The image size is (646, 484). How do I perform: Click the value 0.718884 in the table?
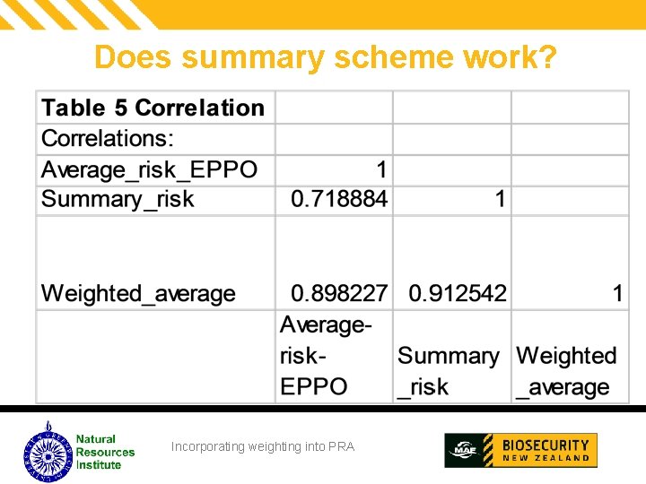(338, 199)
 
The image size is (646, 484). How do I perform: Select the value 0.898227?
(338, 293)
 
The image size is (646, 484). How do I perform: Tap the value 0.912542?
(458, 293)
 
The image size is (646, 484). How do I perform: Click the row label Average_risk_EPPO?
(149, 169)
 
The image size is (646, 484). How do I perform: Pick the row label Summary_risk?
(118, 199)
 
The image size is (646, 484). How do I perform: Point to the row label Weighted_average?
(138, 293)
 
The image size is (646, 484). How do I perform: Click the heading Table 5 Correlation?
(153, 108)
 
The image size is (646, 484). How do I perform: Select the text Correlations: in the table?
(108, 139)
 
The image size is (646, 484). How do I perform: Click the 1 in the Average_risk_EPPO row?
(381, 169)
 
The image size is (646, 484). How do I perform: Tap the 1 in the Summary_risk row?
(500, 199)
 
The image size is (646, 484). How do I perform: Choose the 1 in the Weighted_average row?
(617, 293)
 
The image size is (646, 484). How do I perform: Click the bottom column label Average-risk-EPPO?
(325, 355)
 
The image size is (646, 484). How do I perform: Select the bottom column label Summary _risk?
(448, 371)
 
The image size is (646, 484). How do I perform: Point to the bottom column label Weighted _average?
(566, 371)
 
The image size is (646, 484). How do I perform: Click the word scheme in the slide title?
(389, 57)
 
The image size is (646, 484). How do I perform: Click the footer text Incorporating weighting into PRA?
(263, 446)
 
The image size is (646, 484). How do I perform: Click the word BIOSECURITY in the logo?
(546, 445)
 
